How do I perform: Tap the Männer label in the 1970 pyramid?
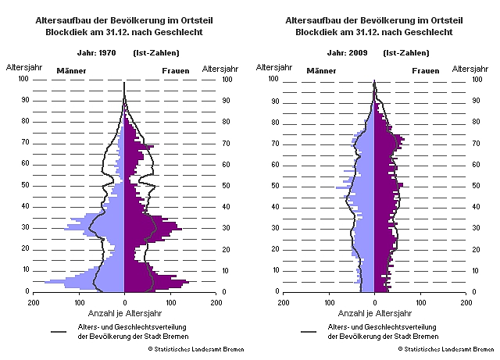[x=71, y=71]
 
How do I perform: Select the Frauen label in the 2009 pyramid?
[x=426, y=71]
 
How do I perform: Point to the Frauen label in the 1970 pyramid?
[x=175, y=71]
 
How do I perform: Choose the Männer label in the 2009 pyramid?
[x=321, y=71]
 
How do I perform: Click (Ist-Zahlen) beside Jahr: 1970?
[x=160, y=52]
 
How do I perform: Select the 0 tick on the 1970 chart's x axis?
[x=124, y=301]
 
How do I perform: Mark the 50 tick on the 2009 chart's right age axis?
[x=477, y=185]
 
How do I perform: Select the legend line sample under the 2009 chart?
[x=308, y=330]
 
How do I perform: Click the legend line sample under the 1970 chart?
[x=58, y=330]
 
